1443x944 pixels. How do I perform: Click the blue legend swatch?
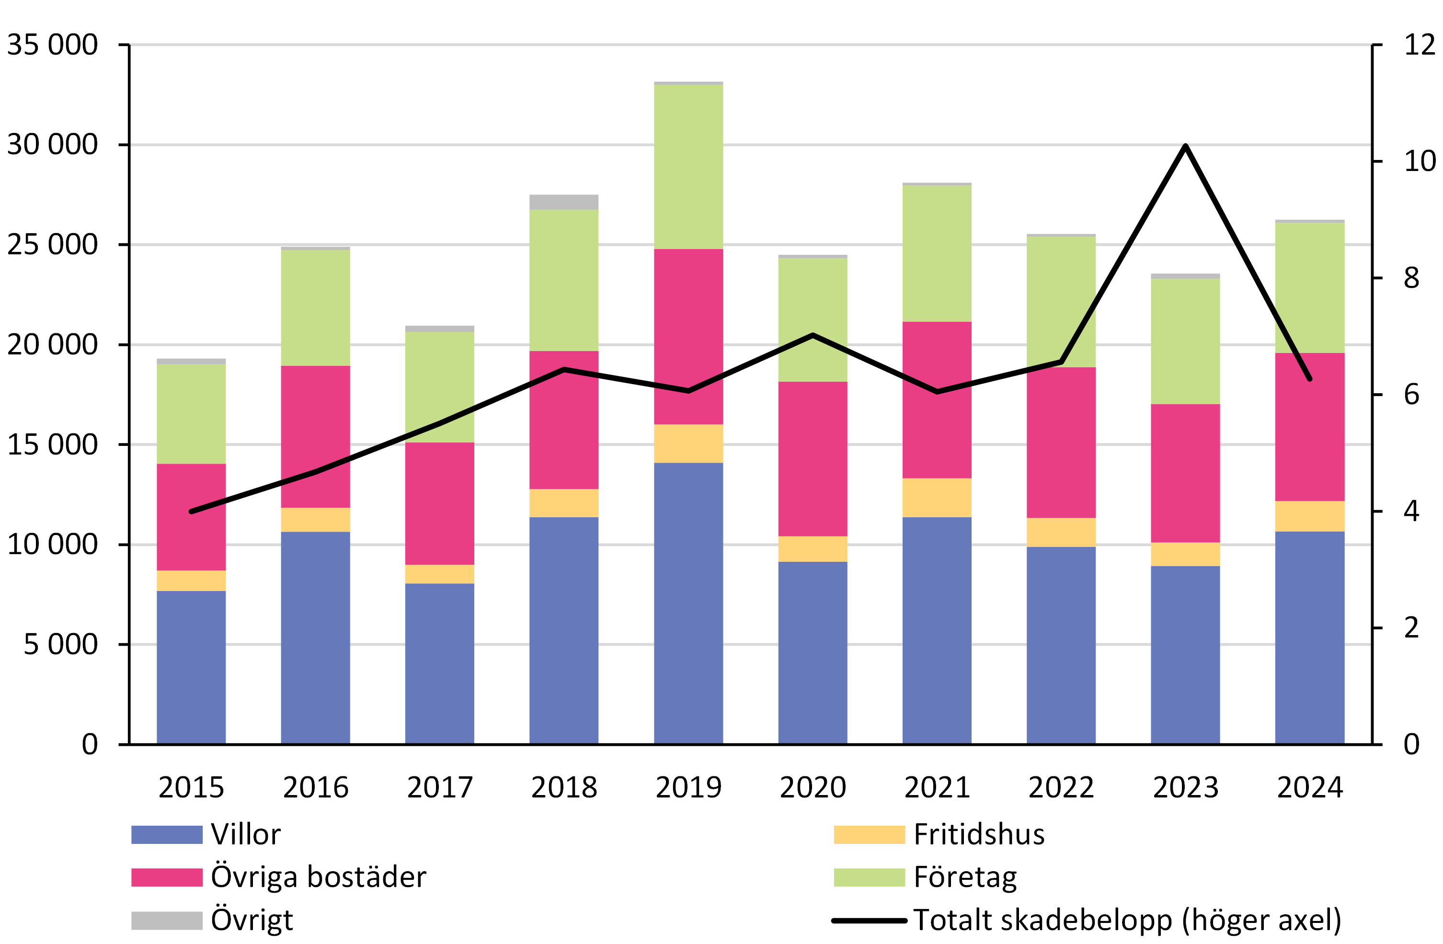pyautogui.click(x=167, y=834)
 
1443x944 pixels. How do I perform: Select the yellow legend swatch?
pyautogui.click(x=869, y=834)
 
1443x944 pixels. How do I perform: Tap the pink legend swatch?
pyautogui.click(x=167, y=877)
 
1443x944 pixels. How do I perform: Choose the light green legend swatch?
pyautogui.click(x=869, y=877)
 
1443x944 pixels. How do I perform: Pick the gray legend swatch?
pyautogui.click(x=167, y=921)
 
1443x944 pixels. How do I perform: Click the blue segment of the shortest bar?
pyautogui.click(x=191, y=667)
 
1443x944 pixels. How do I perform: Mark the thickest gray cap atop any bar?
pyautogui.click(x=564, y=202)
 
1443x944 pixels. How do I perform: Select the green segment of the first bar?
pyautogui.click(x=191, y=414)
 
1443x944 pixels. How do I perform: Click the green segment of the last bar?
pyautogui.click(x=1310, y=287)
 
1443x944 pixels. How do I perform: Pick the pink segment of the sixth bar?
pyautogui.click(x=813, y=459)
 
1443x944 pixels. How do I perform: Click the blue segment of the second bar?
pyautogui.click(x=315, y=637)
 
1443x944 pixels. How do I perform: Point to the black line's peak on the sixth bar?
pyautogui.click(x=813, y=335)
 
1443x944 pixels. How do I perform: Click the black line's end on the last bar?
pyautogui.click(x=1310, y=379)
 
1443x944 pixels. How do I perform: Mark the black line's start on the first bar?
pyautogui.click(x=192, y=511)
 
